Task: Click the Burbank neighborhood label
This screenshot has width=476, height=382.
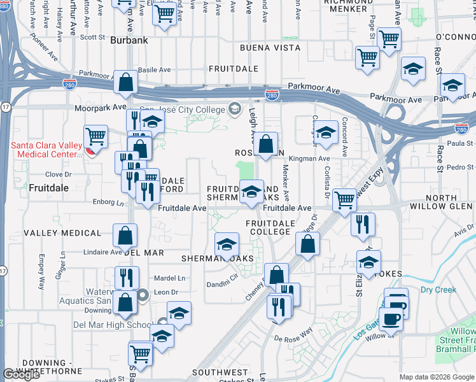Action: click(x=129, y=40)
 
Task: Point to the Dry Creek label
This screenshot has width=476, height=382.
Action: click(x=438, y=290)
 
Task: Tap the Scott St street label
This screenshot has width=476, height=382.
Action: click(x=92, y=38)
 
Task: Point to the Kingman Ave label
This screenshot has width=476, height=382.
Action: click(x=309, y=159)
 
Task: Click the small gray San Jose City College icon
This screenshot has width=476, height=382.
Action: click(x=235, y=108)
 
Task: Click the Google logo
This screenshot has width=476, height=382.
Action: click(x=22, y=374)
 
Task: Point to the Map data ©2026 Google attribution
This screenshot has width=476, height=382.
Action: click(x=437, y=377)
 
